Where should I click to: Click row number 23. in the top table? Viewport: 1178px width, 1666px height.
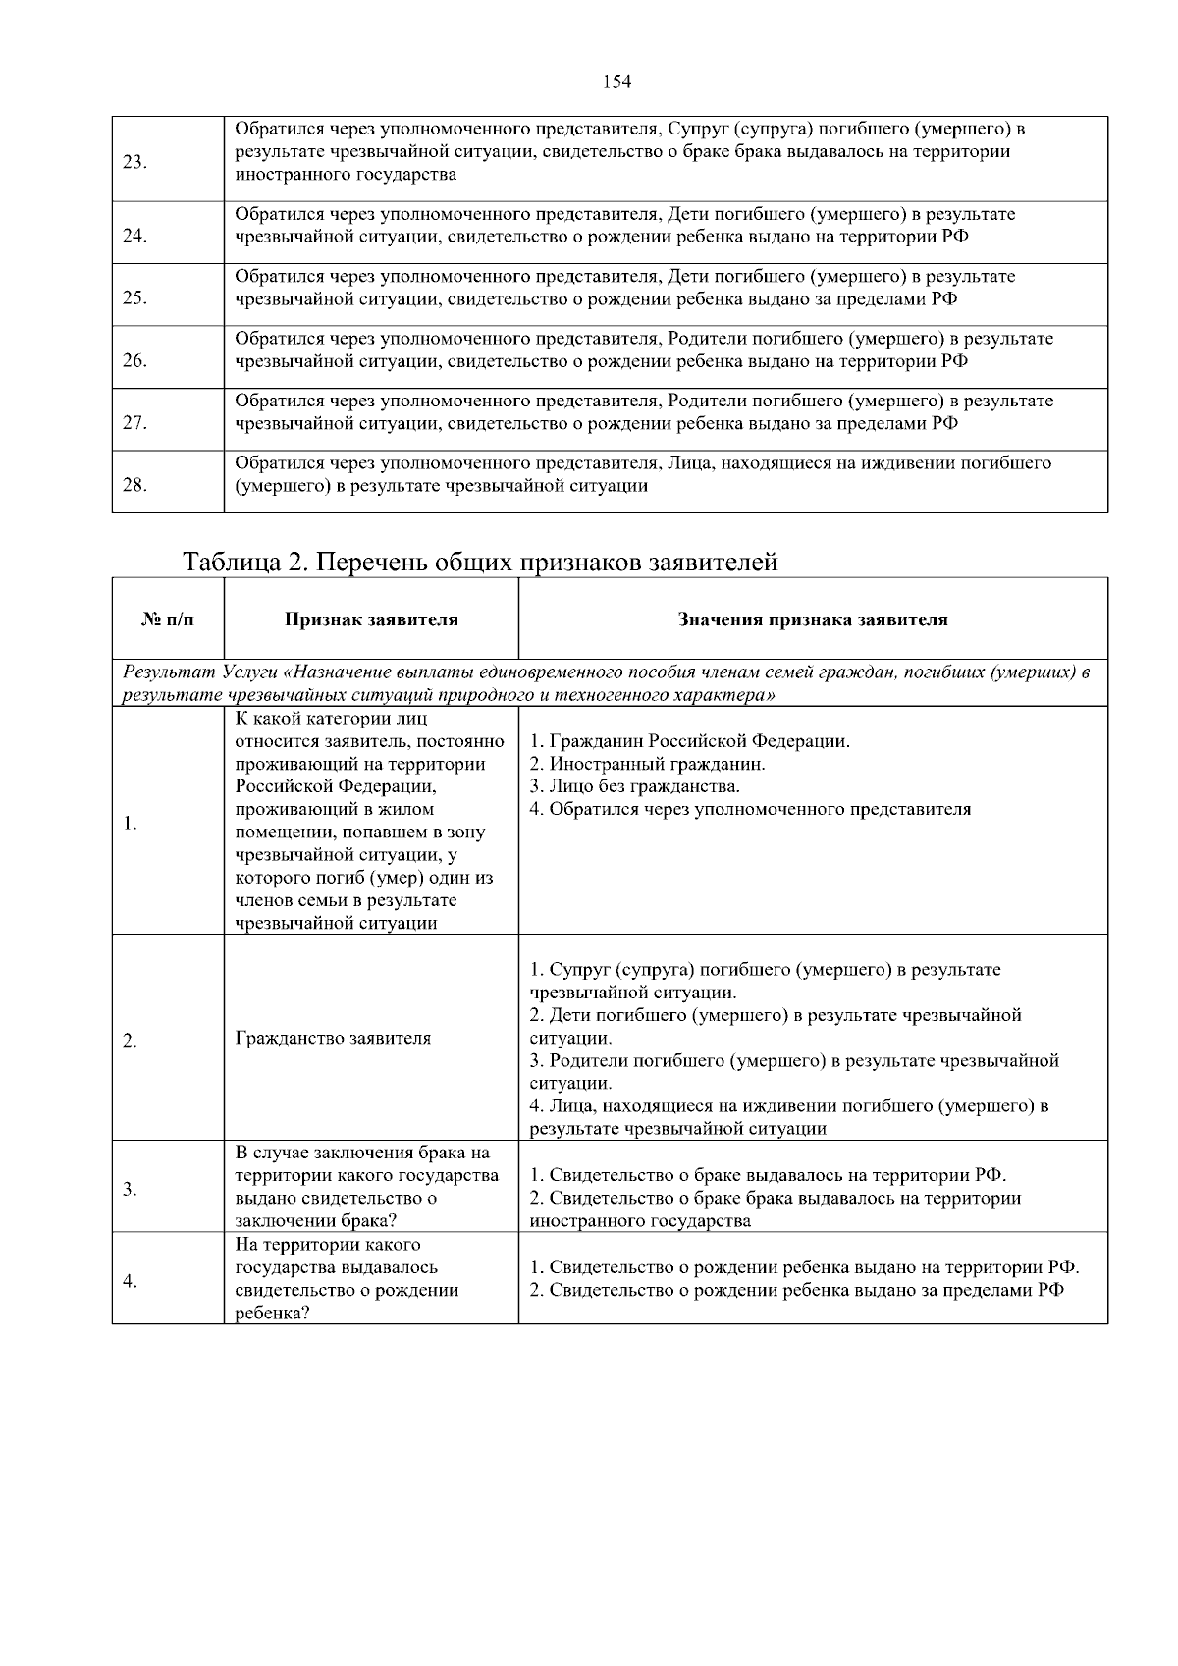point(135,162)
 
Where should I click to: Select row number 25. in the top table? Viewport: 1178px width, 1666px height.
point(135,298)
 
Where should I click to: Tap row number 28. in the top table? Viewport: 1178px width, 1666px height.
point(135,485)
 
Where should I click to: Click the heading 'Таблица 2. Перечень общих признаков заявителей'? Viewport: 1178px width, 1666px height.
point(480,563)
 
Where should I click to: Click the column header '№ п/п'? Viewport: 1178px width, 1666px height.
point(168,619)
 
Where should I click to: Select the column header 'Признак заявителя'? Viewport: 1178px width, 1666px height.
point(371,619)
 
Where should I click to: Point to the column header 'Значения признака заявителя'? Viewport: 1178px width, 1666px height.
point(813,619)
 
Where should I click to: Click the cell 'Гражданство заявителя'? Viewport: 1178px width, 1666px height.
point(333,1038)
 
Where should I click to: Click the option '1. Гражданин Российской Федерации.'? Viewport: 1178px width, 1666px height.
point(689,741)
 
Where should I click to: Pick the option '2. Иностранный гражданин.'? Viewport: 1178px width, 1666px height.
point(647,764)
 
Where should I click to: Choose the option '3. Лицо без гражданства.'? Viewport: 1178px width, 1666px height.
point(634,786)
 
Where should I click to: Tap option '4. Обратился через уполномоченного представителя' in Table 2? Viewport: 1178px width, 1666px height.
point(750,809)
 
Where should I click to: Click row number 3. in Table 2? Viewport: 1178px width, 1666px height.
point(130,1191)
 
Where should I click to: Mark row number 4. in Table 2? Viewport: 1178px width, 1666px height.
point(130,1281)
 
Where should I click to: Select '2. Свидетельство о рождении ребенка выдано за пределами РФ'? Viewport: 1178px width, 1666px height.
point(796,1290)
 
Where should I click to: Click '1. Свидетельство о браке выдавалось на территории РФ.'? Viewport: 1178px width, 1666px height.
point(768,1175)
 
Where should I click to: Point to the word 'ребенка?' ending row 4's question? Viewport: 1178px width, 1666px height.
point(272,1314)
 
